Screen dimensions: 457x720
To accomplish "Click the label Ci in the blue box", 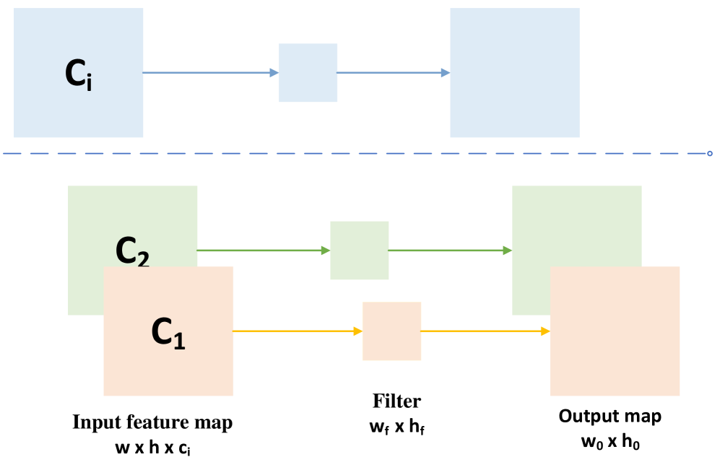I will click(x=78, y=73).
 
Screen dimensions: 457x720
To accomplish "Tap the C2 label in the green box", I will click(x=132, y=251).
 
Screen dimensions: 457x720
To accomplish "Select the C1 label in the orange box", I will click(x=168, y=333).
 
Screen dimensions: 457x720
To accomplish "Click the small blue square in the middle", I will click(x=308, y=73).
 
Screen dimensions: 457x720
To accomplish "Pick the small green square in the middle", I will click(x=360, y=251).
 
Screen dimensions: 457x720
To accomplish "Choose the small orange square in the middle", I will click(x=391, y=331).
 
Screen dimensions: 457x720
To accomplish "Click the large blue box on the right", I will click(x=515, y=73).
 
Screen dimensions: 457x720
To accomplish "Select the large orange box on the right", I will click(x=615, y=331).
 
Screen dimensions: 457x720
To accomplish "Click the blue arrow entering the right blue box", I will click(x=394, y=73).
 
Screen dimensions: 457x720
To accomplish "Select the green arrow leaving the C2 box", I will click(x=264, y=251).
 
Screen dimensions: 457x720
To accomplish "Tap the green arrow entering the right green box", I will click(x=450, y=251).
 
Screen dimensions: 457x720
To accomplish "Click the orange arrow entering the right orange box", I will click(x=485, y=331).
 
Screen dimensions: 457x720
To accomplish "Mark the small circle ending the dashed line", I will click(x=709, y=153).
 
